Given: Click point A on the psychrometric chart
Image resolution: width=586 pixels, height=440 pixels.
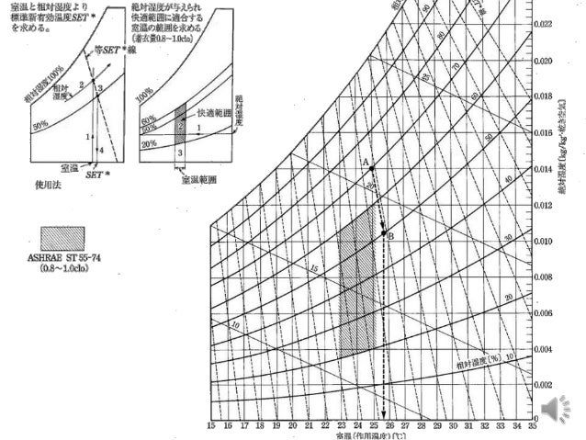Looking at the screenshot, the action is click(372, 168).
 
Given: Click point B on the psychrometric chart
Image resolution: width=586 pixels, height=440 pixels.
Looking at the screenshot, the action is click(384, 233).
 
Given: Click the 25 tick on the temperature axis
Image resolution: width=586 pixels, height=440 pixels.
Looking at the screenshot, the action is click(373, 426).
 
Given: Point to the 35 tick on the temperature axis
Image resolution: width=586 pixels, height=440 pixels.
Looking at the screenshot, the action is click(533, 426).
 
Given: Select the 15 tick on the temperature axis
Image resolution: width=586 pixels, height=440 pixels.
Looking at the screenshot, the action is click(211, 426).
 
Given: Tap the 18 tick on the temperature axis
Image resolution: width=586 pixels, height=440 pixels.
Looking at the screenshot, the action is click(260, 426).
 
